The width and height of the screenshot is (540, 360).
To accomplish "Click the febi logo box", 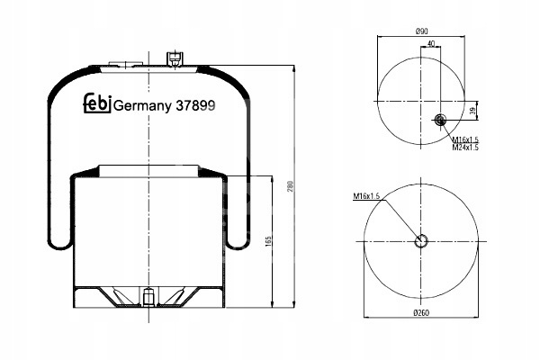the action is [x=97, y=103].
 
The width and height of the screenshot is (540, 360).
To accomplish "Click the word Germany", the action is [x=142, y=106].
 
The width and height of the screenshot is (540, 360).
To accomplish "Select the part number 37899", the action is [x=195, y=105].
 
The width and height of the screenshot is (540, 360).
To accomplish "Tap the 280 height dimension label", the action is [x=291, y=186].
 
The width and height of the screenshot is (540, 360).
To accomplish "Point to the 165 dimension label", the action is [x=269, y=241].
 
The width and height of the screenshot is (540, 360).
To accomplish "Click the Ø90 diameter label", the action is [x=421, y=31].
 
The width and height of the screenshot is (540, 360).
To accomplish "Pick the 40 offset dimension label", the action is [x=430, y=43].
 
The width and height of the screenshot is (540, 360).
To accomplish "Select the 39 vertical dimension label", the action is [x=473, y=111].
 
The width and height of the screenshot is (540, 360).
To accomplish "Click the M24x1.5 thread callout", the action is [x=465, y=148].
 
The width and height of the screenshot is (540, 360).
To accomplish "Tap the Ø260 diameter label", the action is [x=421, y=313].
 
